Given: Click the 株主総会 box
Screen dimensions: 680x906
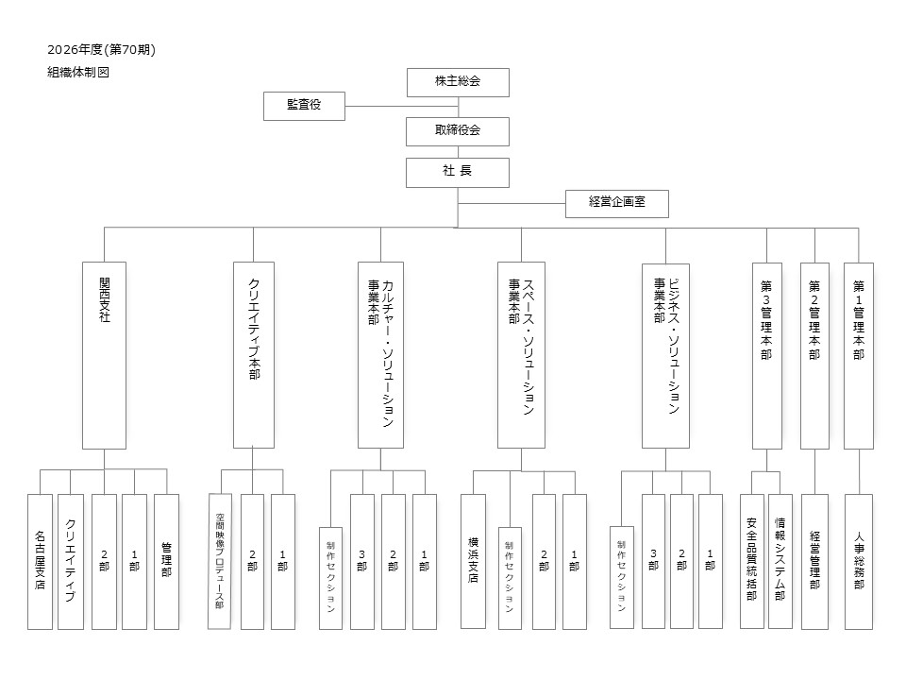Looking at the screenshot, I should [458, 82].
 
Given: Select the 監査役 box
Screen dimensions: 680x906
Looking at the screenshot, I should [304, 106].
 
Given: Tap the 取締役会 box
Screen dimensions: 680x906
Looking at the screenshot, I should [458, 131].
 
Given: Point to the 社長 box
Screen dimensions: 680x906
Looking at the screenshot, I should [458, 172].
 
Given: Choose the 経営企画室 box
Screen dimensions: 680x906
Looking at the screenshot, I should [617, 204].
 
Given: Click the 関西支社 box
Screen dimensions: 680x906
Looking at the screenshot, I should [104, 355].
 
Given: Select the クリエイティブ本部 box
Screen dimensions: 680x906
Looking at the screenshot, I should [253, 355].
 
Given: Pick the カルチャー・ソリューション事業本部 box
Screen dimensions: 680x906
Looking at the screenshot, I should [380, 355].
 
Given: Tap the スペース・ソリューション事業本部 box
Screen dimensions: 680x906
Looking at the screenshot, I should [521, 355].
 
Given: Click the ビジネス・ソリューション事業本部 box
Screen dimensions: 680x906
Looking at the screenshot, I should [665, 355].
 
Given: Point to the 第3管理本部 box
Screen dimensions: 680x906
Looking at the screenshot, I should [766, 355].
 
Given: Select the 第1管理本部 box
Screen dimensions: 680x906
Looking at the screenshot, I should [858, 355].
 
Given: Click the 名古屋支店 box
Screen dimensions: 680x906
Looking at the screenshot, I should [40, 561].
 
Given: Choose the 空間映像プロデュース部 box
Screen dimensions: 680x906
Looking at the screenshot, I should [219, 561].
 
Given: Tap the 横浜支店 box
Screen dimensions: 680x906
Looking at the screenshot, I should [473, 561].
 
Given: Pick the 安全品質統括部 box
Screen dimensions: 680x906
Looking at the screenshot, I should [751, 561].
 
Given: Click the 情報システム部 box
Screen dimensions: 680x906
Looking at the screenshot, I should [780, 561].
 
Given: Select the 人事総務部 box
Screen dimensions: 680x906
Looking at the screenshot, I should [858, 561].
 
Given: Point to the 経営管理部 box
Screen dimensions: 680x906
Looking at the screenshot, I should [814, 561].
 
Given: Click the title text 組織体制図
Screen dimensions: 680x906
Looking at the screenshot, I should [78, 72].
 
